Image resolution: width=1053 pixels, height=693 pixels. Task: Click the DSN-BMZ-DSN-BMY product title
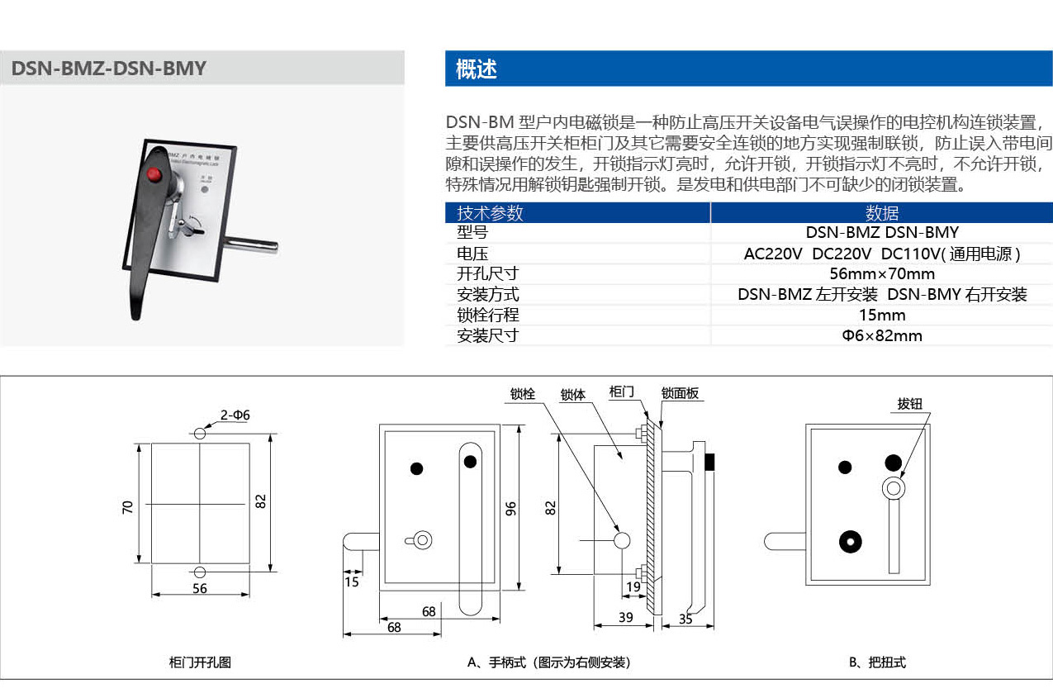pyautogui.click(x=109, y=69)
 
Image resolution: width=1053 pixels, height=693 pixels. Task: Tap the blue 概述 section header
pyautogui.click(x=477, y=69)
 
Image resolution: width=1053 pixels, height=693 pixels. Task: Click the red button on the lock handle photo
pyautogui.click(x=153, y=174)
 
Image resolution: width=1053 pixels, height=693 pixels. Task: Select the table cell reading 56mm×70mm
pyautogui.click(x=882, y=274)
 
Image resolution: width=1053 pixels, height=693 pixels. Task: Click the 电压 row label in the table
pyautogui.click(x=472, y=254)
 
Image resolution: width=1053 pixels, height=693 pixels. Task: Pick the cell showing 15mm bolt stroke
pyautogui.click(x=882, y=316)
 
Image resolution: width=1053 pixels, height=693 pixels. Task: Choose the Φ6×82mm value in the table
pyautogui.click(x=882, y=336)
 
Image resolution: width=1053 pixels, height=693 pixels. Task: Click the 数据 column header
pyautogui.click(x=882, y=213)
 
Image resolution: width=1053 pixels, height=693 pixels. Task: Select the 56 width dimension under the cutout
pyautogui.click(x=200, y=589)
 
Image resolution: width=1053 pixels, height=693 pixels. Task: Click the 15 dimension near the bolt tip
pyautogui.click(x=353, y=581)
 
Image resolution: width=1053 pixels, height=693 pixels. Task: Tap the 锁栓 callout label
pyautogui.click(x=522, y=394)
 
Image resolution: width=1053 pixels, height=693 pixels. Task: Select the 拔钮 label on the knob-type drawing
pyautogui.click(x=909, y=405)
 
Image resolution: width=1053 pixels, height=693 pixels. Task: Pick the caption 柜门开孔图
pyautogui.click(x=200, y=662)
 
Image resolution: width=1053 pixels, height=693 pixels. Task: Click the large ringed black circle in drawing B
pyautogui.click(x=848, y=541)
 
